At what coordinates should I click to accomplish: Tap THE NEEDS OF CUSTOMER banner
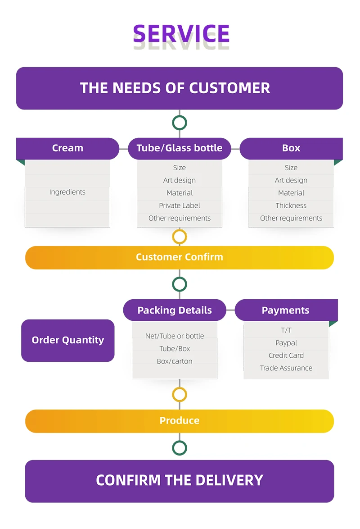coord(180,88)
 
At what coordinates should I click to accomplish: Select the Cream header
coord(67,148)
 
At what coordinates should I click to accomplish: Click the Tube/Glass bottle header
coord(179,148)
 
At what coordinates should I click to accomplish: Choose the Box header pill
coord(291,148)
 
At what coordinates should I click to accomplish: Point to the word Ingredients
coord(67,192)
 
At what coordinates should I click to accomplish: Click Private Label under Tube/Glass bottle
coord(179,205)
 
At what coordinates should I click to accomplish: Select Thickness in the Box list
coord(291,205)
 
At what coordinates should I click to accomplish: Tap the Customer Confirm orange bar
coord(180,257)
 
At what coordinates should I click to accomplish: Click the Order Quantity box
coord(67,340)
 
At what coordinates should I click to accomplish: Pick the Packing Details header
coord(175,310)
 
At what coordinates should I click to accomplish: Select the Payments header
coord(285,310)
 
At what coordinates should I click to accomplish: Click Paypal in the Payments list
coord(286,343)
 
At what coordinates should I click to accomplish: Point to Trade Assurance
coord(286,368)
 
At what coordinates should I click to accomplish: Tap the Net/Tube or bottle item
coord(175,336)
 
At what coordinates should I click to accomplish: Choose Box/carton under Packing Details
coord(175,361)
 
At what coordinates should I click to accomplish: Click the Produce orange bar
coord(180,421)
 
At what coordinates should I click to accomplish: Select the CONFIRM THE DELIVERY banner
coord(180,480)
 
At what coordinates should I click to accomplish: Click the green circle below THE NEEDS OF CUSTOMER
coord(180,123)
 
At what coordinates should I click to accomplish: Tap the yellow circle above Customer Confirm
coord(180,237)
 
